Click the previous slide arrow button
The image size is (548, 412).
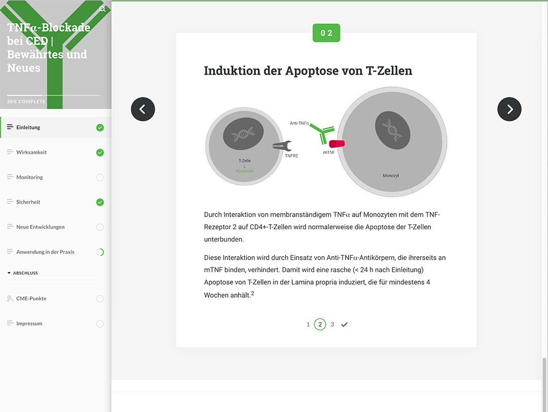(143, 110)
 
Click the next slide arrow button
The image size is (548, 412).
(509, 110)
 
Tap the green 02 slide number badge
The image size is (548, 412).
(326, 33)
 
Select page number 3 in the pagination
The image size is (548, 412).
(332, 324)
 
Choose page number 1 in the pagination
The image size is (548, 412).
(308, 324)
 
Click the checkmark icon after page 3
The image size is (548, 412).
(344, 325)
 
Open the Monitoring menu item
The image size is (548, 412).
(29, 177)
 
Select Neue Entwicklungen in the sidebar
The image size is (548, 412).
(40, 227)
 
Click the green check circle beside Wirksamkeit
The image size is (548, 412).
(100, 152)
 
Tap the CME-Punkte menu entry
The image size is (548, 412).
(31, 298)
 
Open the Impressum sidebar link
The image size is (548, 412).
(29, 323)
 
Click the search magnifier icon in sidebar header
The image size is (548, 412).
(102, 9)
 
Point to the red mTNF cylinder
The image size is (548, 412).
(337, 143)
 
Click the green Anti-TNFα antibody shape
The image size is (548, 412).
(323, 133)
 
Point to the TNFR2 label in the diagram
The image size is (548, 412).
(291, 156)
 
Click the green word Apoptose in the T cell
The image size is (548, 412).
(245, 171)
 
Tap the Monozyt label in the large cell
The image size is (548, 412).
(391, 176)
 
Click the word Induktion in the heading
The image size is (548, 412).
(232, 71)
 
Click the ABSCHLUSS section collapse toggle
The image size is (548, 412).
(9, 273)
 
